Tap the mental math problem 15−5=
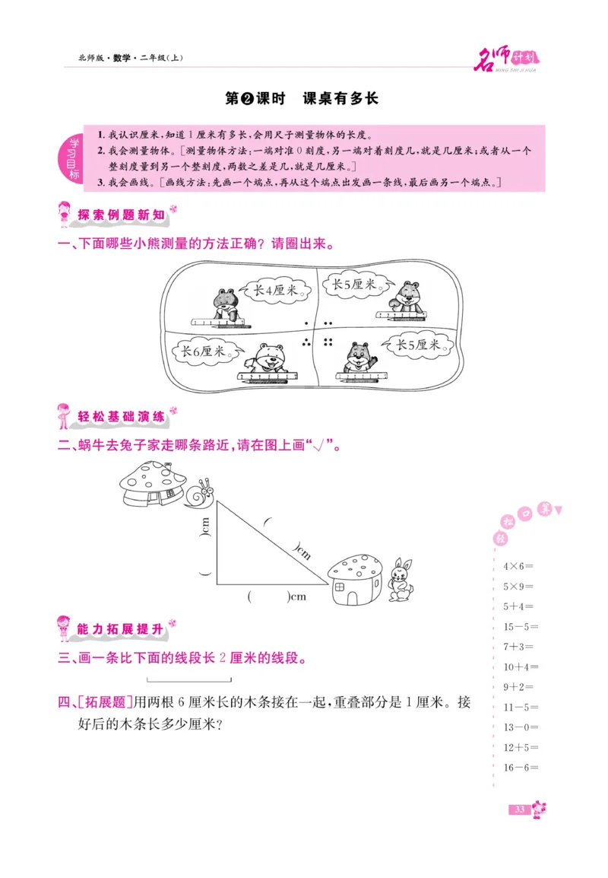coord(521,627)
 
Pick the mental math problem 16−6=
coord(521,768)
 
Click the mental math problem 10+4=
coord(521,667)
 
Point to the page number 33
coord(520,810)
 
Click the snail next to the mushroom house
coord(199,494)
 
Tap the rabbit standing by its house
coord(400,581)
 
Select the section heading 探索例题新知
coord(121,215)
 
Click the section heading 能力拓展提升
coord(121,629)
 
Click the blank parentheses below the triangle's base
coord(268,596)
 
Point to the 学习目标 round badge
coord(74,158)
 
